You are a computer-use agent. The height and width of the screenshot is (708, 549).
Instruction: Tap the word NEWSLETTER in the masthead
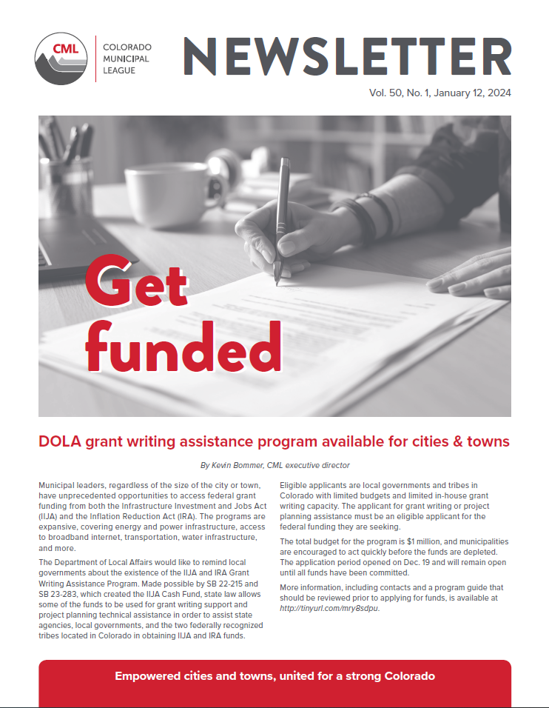pyautogui.click(x=347, y=57)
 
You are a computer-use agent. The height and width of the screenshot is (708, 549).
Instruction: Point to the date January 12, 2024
pyautogui.click(x=473, y=94)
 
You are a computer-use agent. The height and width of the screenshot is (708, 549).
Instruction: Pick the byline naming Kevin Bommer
pyautogui.click(x=274, y=466)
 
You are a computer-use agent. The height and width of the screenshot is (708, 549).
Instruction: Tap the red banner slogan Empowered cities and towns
pyautogui.click(x=274, y=676)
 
